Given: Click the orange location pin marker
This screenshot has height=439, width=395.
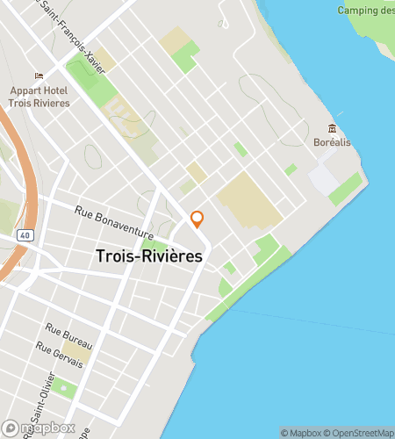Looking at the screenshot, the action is tap(197, 219).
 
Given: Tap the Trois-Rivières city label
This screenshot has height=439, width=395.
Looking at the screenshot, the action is tap(148, 256).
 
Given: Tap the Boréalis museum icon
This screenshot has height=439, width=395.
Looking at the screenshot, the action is tap(332, 128).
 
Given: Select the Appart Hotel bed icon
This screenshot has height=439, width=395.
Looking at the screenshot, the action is tap(38, 76).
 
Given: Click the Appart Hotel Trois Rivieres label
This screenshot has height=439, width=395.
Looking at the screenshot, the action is tap(40, 97).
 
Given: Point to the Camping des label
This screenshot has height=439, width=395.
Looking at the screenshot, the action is tap(365, 11).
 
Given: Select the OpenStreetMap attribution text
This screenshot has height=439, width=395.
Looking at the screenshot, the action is tap(360, 433).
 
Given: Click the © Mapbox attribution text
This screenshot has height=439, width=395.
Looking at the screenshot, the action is tap(301, 433).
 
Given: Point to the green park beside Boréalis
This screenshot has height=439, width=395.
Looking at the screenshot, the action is tap(346, 188).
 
